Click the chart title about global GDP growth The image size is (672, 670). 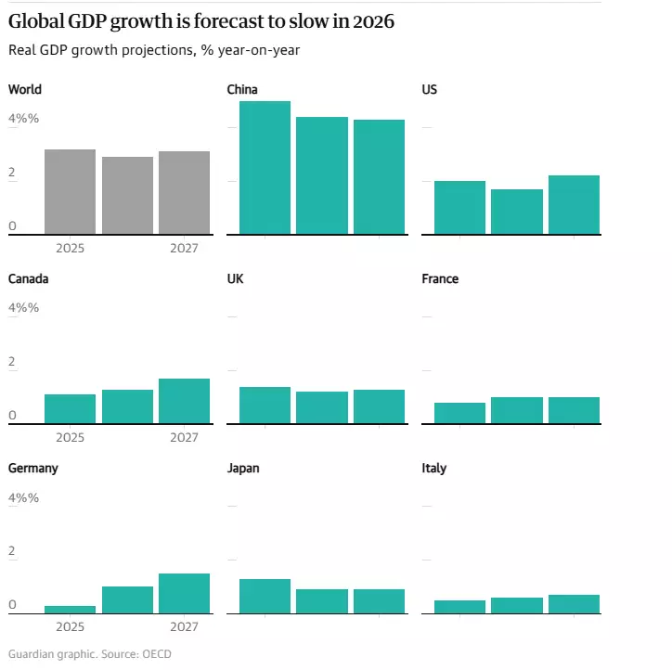point(201,23)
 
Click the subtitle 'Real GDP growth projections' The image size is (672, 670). point(154,50)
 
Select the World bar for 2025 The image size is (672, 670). point(70,191)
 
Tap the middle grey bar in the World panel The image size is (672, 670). point(127,195)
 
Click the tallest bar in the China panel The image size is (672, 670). point(265,167)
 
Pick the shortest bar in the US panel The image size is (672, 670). point(516,212)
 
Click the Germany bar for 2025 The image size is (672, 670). point(70,610)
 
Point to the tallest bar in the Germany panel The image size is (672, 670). point(184,593)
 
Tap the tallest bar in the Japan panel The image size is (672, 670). point(265,596)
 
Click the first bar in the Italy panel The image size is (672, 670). point(459,607)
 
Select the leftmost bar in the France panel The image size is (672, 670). point(459,413)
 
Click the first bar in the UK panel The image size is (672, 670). point(265,405)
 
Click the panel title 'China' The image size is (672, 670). point(242,90)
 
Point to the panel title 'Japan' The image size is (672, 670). point(243,469)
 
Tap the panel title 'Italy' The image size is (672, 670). point(433,469)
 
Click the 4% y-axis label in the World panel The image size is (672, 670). point(23,119)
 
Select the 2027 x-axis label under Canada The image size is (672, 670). point(184,438)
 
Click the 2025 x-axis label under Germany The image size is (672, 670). point(70,627)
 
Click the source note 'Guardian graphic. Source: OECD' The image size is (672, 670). point(90,654)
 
